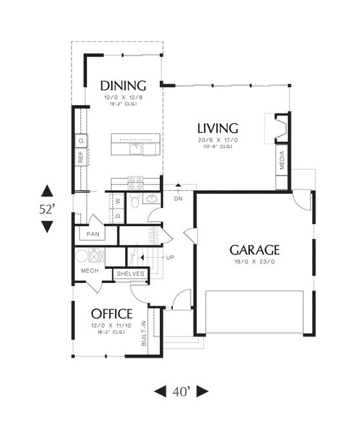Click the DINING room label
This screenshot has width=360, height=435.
123,86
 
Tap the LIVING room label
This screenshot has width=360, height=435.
217,128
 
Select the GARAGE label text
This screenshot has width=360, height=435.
254,249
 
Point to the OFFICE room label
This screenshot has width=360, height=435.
112,314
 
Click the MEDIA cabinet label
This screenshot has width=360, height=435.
282,160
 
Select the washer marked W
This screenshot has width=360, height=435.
119,200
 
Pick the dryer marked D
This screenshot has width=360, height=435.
119,215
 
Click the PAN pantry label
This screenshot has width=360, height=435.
93,234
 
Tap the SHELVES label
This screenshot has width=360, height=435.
130,274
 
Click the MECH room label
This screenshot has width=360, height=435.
90,271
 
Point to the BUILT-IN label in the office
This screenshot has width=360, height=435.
144,333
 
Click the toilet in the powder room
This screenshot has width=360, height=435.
135,200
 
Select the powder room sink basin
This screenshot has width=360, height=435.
152,198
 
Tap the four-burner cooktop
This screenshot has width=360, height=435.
135,183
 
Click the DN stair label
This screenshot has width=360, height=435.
178,198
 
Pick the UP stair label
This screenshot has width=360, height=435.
170,257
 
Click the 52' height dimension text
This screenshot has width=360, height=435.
46,209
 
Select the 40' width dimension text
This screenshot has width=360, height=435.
182,391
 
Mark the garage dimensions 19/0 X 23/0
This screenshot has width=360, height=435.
255,262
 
